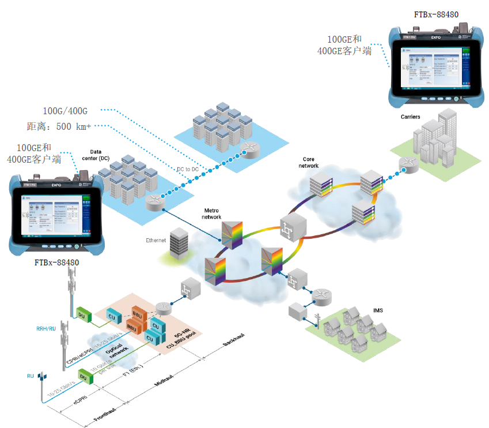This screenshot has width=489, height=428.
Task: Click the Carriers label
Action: point(410,117)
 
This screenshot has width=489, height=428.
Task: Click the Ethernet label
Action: point(156,239)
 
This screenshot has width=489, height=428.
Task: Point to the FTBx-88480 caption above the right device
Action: point(435,14)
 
